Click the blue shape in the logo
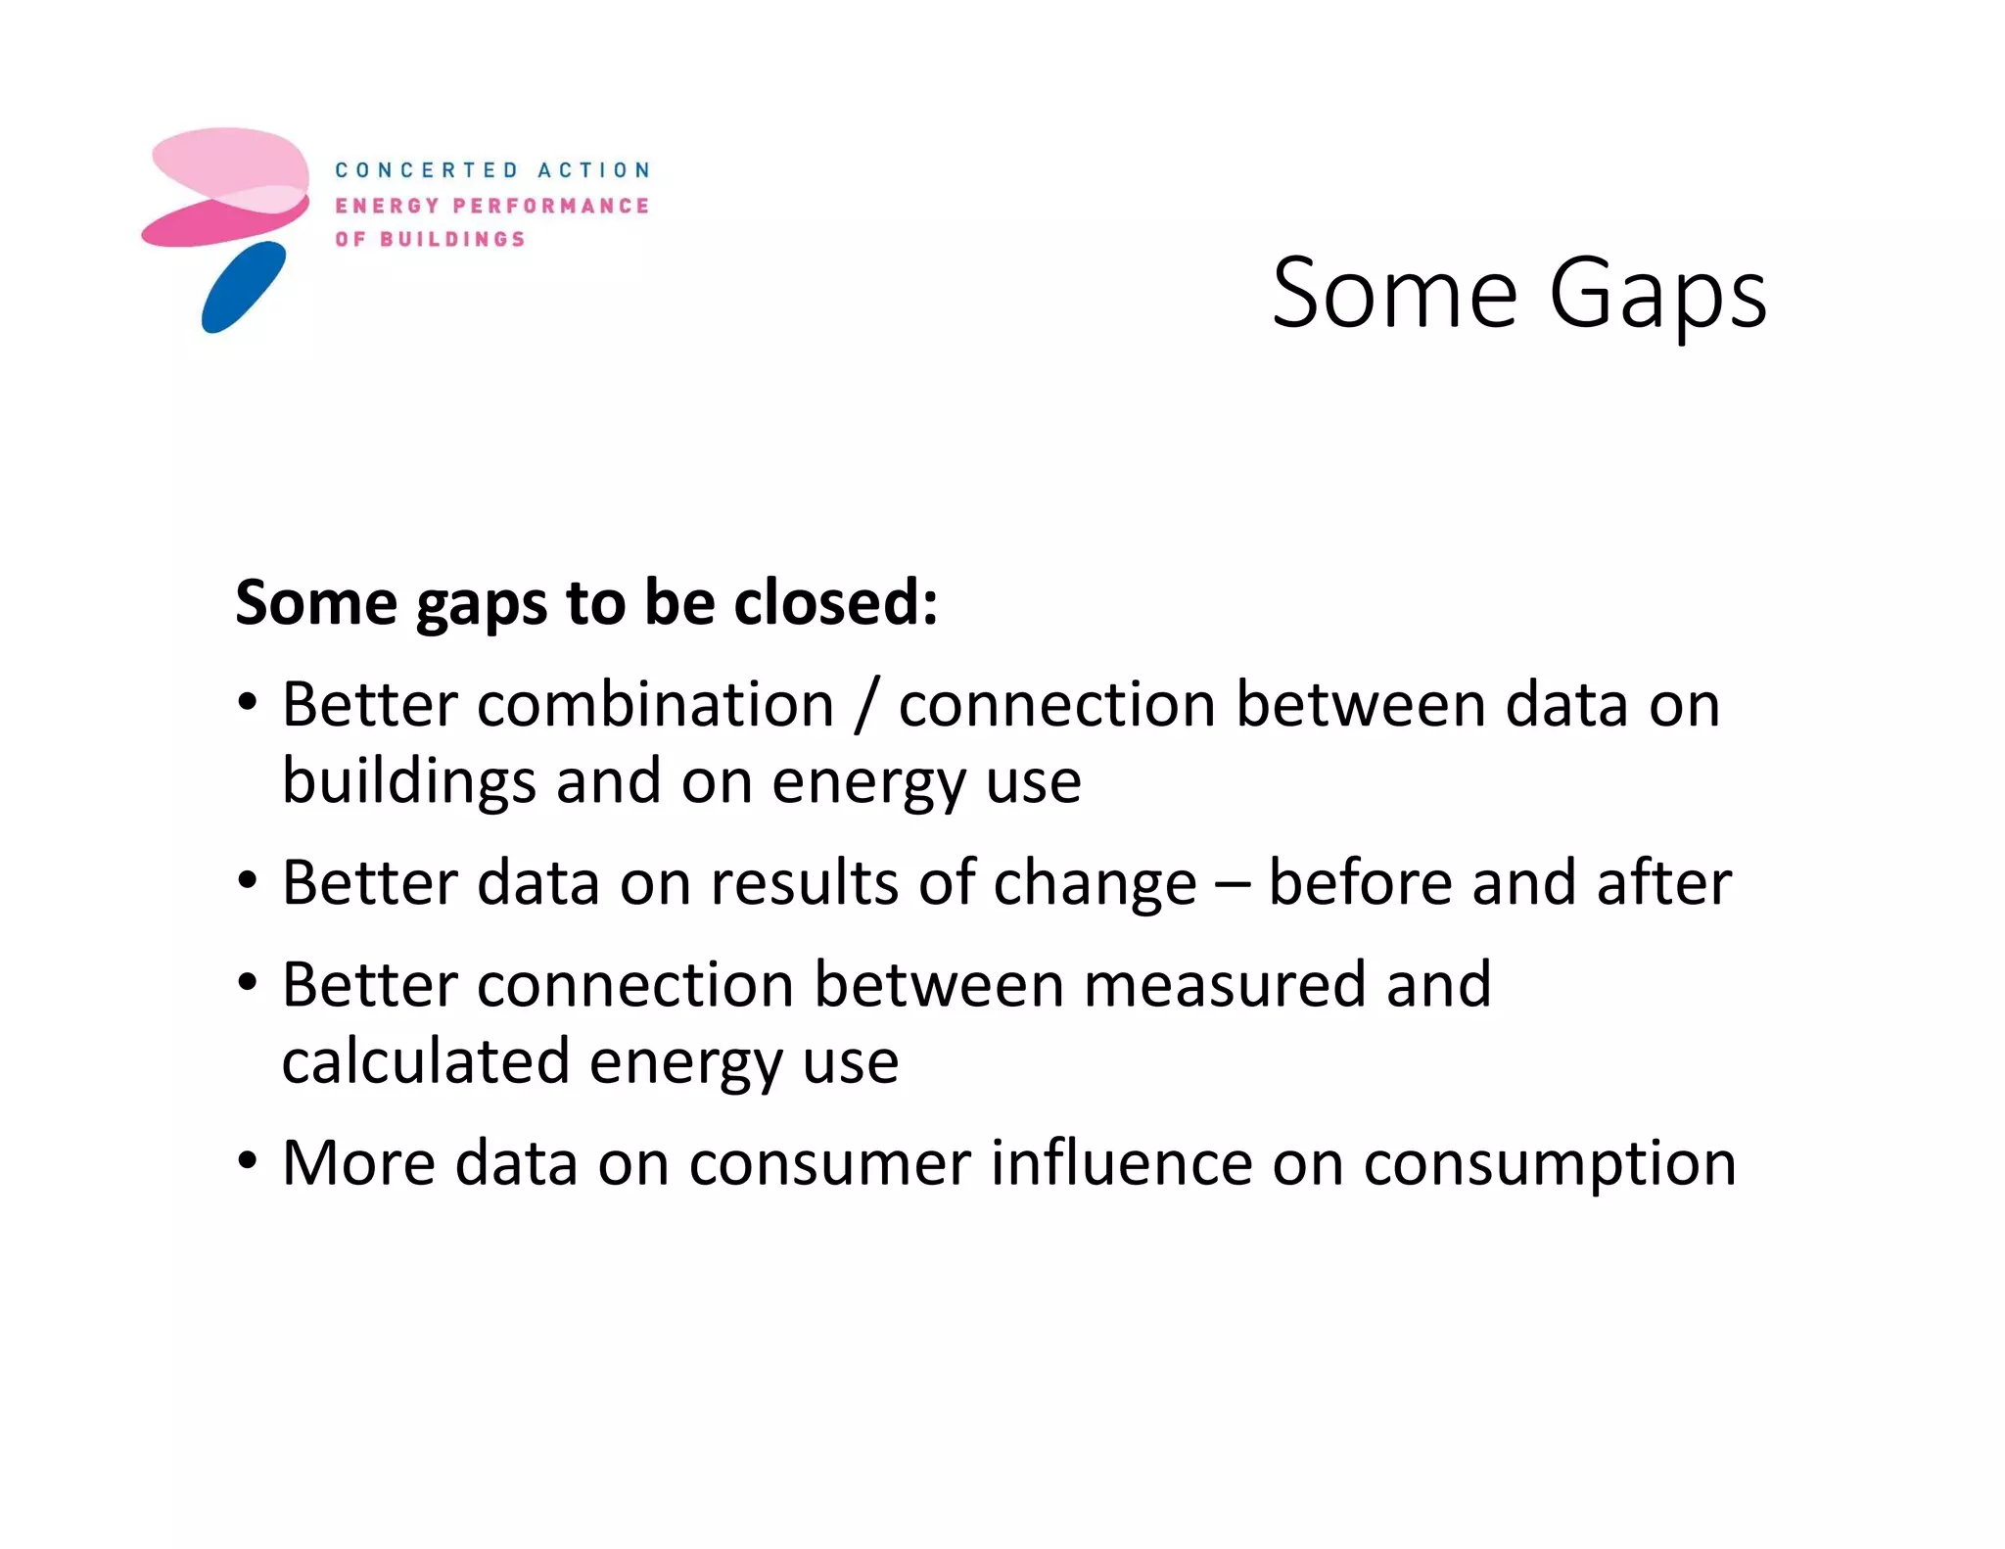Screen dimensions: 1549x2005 243,288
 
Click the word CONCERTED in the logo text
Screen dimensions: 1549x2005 426,170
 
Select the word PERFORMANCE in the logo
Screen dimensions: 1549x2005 550,206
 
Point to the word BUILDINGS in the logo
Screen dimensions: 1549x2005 452,239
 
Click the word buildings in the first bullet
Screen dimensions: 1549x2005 409,781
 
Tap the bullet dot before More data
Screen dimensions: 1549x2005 248,1162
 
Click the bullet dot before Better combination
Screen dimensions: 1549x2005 248,703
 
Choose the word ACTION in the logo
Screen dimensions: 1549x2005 593,170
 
